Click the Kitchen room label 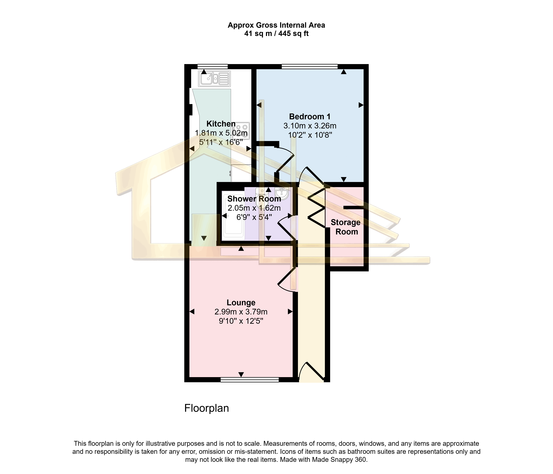click(x=221, y=124)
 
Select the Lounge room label click(x=241, y=303)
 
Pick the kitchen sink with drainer click(x=214, y=79)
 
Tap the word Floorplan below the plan click(x=207, y=408)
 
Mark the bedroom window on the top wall click(x=310, y=67)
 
